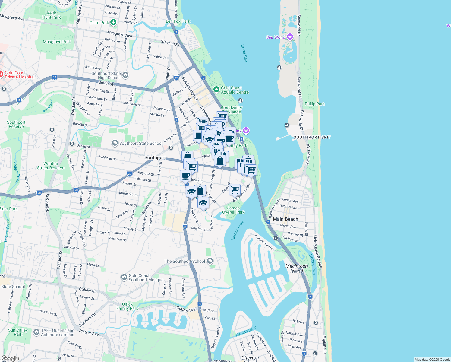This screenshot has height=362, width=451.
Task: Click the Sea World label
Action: (276, 37)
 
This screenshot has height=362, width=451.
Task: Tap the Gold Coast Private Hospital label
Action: (20, 75)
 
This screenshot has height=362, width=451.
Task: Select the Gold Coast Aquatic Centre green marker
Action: (216, 89)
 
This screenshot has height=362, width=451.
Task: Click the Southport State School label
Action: (141, 143)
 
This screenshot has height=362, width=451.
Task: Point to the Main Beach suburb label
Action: (285, 219)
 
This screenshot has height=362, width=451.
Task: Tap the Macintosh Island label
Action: (297, 268)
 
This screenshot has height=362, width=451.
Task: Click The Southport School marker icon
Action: (210, 261)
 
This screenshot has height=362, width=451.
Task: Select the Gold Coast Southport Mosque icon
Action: (124, 277)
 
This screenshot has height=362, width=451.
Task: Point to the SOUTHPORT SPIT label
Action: (312, 137)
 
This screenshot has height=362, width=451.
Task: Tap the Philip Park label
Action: (315, 104)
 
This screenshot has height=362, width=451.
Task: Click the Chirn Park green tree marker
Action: (113, 22)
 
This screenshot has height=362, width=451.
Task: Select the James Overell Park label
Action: (233, 210)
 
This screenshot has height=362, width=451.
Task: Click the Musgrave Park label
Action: (57, 42)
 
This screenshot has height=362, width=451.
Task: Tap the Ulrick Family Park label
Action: (127, 306)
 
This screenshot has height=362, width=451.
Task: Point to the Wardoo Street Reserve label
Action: (51, 166)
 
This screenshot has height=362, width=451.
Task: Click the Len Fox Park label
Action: (178, 21)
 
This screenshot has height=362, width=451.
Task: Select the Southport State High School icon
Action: (125, 75)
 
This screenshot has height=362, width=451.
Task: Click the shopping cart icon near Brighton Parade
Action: (235, 190)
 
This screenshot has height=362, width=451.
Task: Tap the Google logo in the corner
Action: (10, 358)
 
